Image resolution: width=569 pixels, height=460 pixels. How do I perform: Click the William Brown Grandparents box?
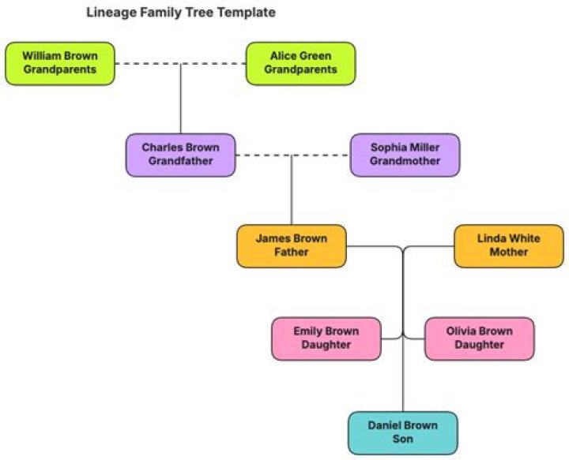click(x=60, y=63)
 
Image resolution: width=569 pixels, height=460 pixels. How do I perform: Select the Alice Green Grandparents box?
click(x=300, y=63)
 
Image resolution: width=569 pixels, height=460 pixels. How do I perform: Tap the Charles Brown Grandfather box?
click(x=180, y=155)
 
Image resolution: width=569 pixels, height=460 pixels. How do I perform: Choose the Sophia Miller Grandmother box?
click(x=405, y=155)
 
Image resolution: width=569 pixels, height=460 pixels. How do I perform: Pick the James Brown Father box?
click(x=292, y=245)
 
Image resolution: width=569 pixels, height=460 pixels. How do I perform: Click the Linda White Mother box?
click(x=508, y=245)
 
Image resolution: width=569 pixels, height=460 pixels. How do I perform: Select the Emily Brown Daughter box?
click(x=326, y=338)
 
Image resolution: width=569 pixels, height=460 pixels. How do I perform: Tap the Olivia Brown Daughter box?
click(x=479, y=338)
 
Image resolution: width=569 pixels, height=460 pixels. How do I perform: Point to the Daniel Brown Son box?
click(x=402, y=432)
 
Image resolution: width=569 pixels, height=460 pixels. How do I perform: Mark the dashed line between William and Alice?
click(x=213, y=64)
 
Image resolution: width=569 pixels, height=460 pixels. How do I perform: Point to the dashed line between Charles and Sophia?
click(x=324, y=155)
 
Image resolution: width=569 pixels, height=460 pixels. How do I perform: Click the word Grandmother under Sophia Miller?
click(x=405, y=162)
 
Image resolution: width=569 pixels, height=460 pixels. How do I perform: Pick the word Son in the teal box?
click(x=402, y=439)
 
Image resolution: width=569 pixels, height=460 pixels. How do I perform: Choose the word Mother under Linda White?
click(x=508, y=252)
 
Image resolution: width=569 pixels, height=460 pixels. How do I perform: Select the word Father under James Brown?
click(x=292, y=252)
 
